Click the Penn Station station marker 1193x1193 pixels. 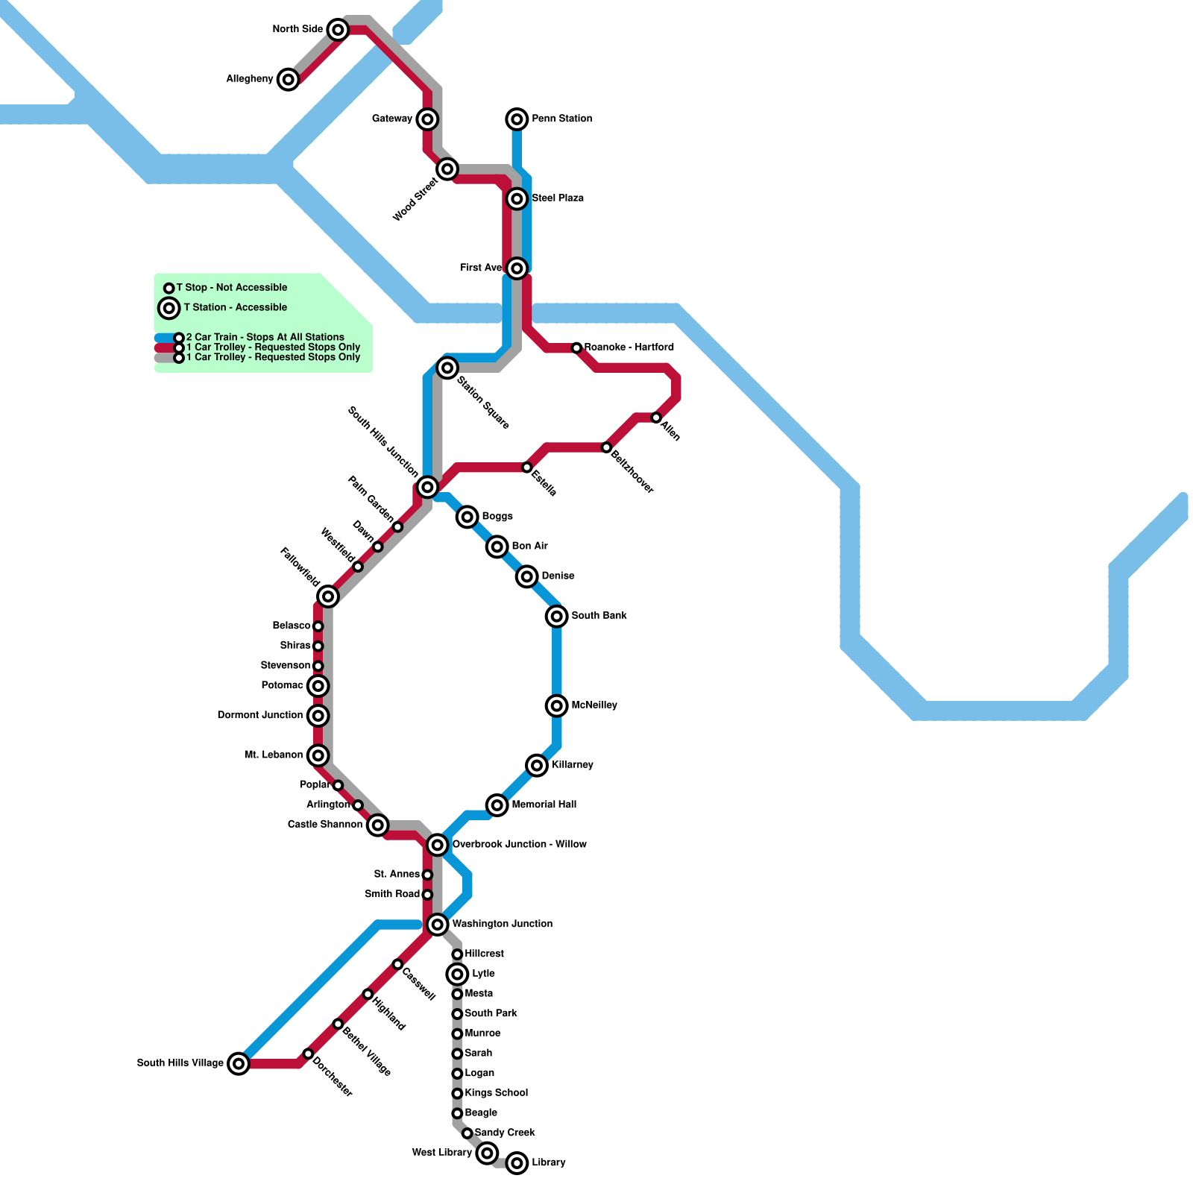(x=517, y=119)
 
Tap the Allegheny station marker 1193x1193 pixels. (x=289, y=79)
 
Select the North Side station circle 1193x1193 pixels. (x=338, y=30)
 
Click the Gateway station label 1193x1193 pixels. (x=392, y=119)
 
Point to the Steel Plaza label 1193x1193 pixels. (x=558, y=198)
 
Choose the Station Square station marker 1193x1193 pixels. (x=447, y=368)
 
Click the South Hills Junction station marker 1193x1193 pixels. (x=427, y=487)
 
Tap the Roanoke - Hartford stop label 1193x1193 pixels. (x=629, y=347)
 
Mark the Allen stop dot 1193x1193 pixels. (x=656, y=418)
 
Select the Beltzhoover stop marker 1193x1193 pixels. (x=606, y=447)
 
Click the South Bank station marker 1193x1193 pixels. (x=557, y=616)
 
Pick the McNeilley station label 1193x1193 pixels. (x=594, y=705)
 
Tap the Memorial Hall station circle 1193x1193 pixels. (x=497, y=805)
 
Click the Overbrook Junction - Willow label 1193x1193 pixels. (x=519, y=845)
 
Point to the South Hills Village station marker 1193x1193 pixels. (x=239, y=1063)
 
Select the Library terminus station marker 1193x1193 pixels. (x=517, y=1163)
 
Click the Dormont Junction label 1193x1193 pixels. (x=260, y=716)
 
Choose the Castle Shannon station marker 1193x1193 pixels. (x=378, y=825)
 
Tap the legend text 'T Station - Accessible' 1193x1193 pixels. (x=236, y=307)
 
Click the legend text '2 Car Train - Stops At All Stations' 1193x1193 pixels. (x=265, y=337)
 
